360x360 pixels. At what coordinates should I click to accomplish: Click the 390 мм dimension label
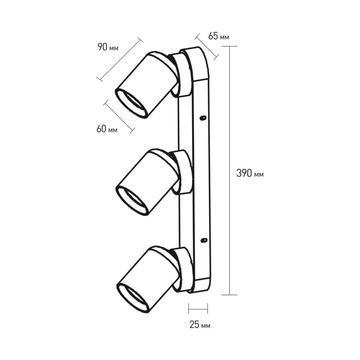point(250,173)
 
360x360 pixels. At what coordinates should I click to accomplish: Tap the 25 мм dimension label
point(200,324)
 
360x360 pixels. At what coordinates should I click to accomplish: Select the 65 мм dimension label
point(218,36)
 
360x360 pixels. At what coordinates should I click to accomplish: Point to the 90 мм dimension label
point(108,47)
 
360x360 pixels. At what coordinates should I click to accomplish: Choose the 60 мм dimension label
point(107,129)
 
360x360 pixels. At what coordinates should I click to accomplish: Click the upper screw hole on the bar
point(203,118)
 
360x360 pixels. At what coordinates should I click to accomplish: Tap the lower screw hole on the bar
point(204,240)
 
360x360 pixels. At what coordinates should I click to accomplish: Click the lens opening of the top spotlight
point(131,104)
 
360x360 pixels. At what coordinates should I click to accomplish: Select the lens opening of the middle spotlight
point(131,200)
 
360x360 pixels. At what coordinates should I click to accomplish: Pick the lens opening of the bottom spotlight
point(133,298)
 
